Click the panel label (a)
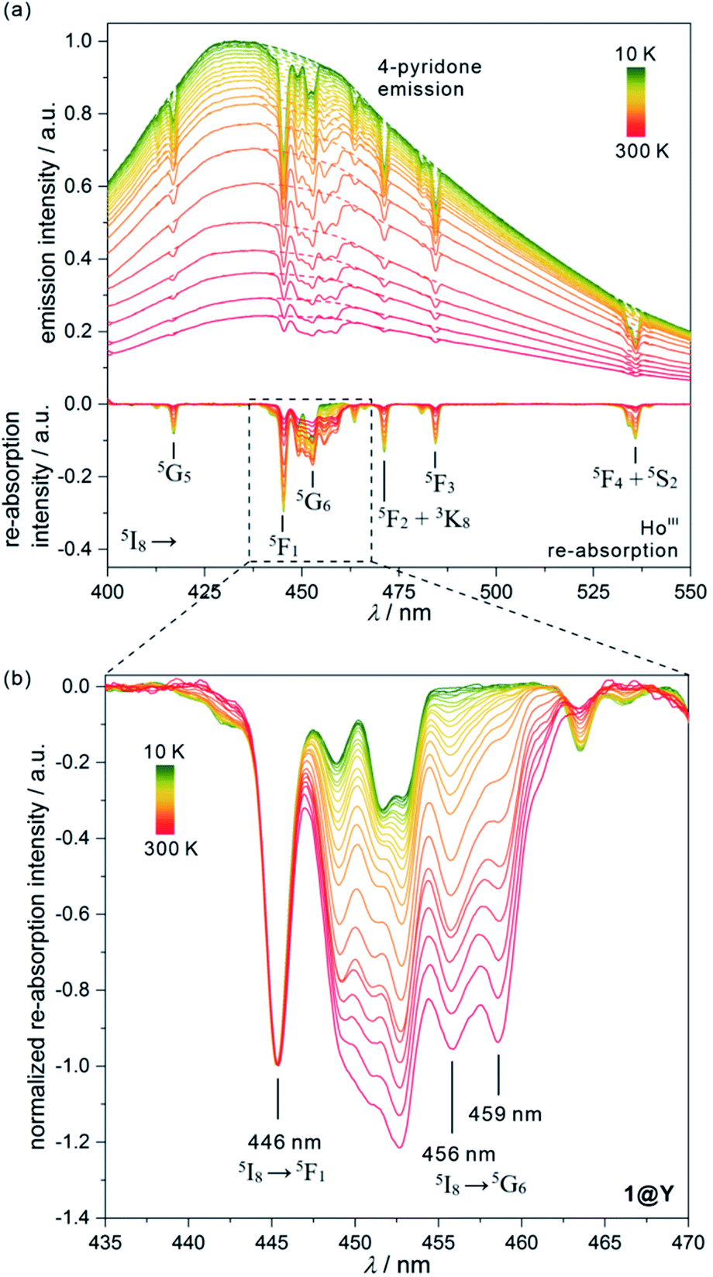pyautogui.click(x=18, y=13)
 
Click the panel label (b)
pyautogui.click(x=18, y=680)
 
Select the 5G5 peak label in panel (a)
pyautogui.click(x=174, y=472)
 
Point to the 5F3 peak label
pyautogui.click(x=438, y=483)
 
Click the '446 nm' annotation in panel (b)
pyautogui.click(x=284, y=1141)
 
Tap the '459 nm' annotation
pyautogui.click(x=505, y=1114)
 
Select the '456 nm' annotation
pyautogui.click(x=459, y=1155)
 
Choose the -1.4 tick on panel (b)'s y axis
pyautogui.click(x=76, y=1217)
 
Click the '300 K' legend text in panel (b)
pyautogui.click(x=170, y=848)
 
